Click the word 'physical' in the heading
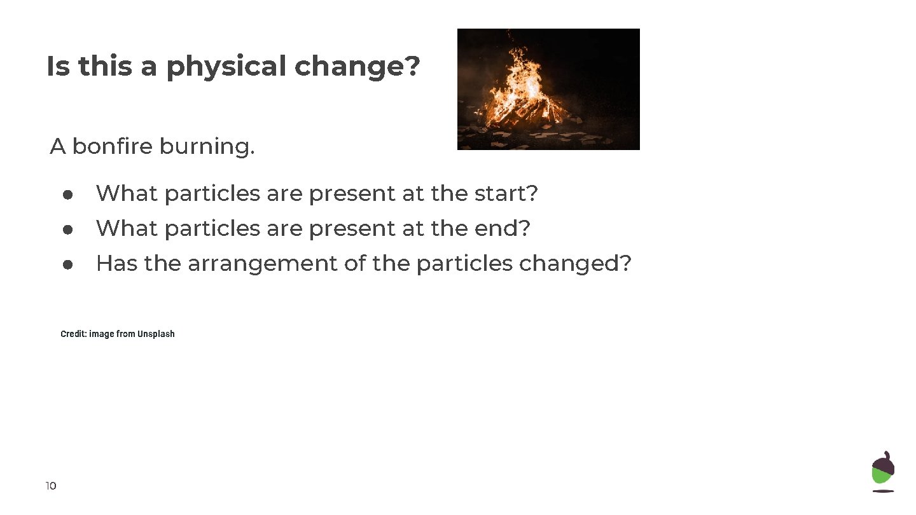pos(226,67)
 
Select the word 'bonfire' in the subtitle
pos(113,147)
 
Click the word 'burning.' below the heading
pos(207,147)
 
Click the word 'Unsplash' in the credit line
pos(156,334)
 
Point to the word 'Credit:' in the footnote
pos(73,334)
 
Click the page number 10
pos(51,486)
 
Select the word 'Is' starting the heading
pos(57,67)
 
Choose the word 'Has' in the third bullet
pos(116,263)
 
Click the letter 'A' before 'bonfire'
pos(58,147)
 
